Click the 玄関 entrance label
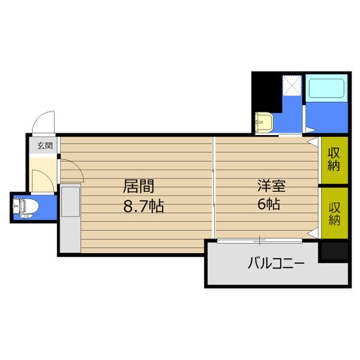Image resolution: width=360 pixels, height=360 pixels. pos(44,145)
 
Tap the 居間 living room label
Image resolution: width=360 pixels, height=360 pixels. pos(136,185)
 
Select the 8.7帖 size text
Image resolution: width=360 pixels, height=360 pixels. pos(144,206)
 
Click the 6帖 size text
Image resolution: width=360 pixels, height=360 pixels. pos(268,205)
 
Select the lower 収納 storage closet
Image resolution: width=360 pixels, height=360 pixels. pos(334,214)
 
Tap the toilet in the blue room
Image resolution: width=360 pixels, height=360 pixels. pos(28,208)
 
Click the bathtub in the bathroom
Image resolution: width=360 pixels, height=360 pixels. pos(326,90)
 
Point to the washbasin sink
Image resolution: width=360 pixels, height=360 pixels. pos(263,122)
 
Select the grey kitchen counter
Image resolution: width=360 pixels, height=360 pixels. pos(70,218)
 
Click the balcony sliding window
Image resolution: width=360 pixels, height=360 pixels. pos(259,241)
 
